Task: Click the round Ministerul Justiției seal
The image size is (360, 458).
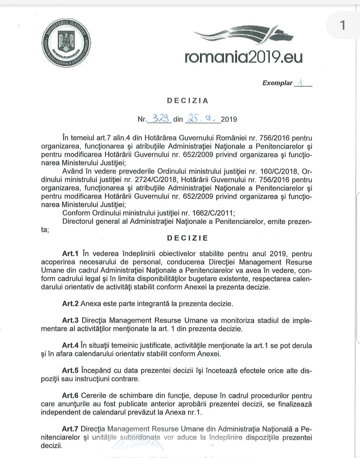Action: (67, 44)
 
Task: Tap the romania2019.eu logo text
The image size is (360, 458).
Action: (244, 57)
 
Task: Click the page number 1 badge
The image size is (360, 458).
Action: (342, 25)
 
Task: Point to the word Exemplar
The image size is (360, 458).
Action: (277, 83)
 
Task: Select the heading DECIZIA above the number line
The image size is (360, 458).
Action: (188, 101)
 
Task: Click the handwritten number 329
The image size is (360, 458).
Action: (161, 118)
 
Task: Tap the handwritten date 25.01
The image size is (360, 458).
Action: (202, 118)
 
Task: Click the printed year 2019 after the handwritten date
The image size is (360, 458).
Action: (229, 119)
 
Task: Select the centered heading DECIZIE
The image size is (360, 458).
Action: (188, 238)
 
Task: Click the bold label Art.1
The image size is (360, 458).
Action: (70, 254)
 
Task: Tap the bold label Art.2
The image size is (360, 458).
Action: (70, 304)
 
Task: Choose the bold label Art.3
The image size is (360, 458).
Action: (70, 320)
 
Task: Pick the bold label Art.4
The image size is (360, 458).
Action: (70, 345)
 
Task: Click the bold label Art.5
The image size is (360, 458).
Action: (70, 370)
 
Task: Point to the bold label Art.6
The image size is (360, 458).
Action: (70, 396)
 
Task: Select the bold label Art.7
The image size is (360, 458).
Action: (70, 429)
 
